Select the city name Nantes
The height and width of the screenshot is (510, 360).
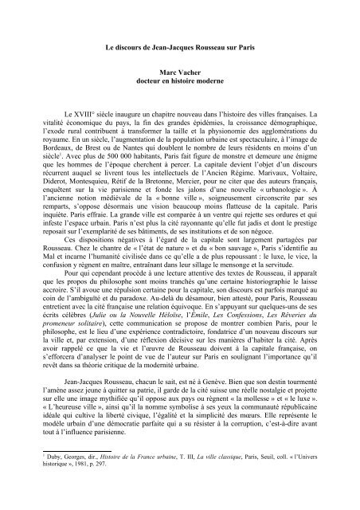tap(135, 151)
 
